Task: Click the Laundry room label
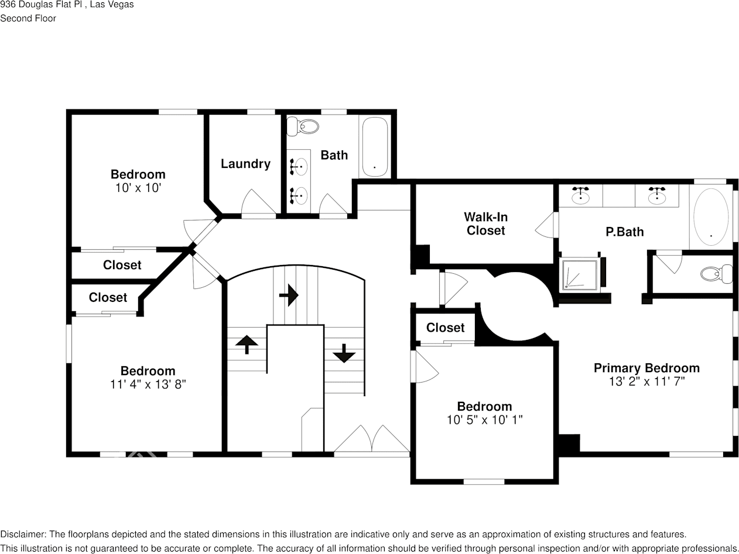click(245, 164)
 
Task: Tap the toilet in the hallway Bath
click(306, 126)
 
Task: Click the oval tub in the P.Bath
click(711, 217)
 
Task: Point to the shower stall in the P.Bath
click(580, 274)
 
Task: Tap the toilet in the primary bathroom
click(716, 274)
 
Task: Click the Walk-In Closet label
click(485, 224)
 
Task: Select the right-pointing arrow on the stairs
click(289, 295)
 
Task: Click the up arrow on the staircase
click(247, 344)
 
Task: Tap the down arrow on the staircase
click(344, 353)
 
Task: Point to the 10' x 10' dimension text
click(138, 188)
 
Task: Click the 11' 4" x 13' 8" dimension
click(148, 384)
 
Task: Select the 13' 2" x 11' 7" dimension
click(646, 381)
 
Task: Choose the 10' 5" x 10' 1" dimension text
click(484, 419)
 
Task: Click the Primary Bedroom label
click(646, 368)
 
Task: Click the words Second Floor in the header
click(28, 18)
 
